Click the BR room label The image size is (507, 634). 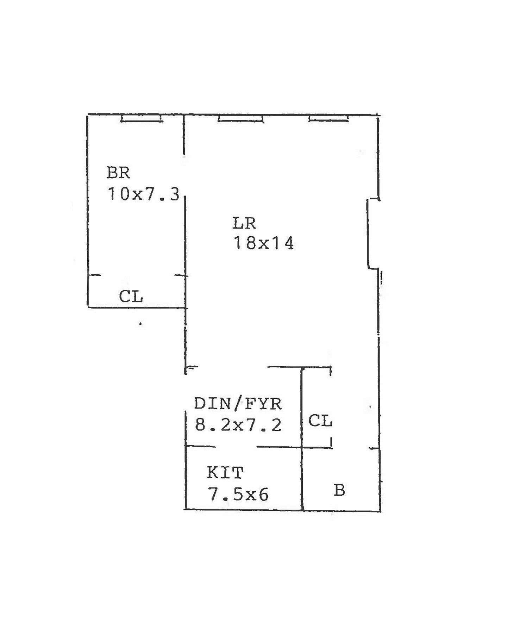click(x=118, y=173)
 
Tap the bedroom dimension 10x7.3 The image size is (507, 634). click(x=144, y=194)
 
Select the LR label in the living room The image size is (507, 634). click(x=244, y=223)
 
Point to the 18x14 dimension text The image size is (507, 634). click(x=263, y=243)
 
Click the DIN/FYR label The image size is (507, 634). click(x=238, y=404)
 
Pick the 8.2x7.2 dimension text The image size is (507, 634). click(x=238, y=425)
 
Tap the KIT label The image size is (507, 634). click(x=225, y=473)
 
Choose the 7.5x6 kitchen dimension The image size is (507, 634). click(x=238, y=495)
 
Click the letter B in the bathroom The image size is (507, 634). click(x=339, y=490)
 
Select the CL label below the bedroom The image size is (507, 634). click(x=131, y=297)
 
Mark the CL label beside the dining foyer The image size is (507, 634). click(x=320, y=421)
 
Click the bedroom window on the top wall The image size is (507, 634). click(x=142, y=119)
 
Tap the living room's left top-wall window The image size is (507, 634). click(x=240, y=119)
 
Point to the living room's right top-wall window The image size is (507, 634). click(x=328, y=119)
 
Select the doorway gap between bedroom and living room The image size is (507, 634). click(x=184, y=175)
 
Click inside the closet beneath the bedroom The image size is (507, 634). click(x=106, y=292)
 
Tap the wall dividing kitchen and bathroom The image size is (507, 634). click(x=302, y=479)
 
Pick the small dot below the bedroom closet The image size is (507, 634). click(x=140, y=323)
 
